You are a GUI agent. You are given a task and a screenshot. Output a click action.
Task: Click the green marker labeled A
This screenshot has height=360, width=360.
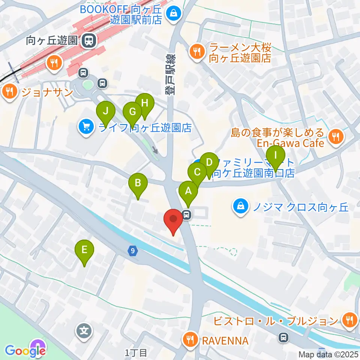[x=188, y=191]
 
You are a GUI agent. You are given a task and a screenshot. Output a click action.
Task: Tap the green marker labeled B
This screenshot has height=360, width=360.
[x=138, y=184]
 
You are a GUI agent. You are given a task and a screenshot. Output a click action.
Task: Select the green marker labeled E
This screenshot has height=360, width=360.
[x=84, y=250]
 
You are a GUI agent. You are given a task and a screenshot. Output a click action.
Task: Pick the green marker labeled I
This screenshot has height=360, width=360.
[x=276, y=155]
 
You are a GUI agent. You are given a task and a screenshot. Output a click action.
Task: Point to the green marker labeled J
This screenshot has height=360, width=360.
[x=106, y=112]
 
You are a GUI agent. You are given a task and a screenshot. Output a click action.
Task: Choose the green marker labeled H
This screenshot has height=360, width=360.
[x=145, y=103]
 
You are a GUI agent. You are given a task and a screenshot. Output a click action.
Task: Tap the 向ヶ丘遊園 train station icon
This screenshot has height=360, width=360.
[x=89, y=40]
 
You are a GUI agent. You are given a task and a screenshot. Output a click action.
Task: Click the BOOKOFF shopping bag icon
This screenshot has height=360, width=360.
[x=174, y=14]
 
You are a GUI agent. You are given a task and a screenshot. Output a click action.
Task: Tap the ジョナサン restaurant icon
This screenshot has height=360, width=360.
[x=9, y=91]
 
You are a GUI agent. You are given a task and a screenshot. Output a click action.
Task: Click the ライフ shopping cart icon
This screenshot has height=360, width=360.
[x=87, y=127]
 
